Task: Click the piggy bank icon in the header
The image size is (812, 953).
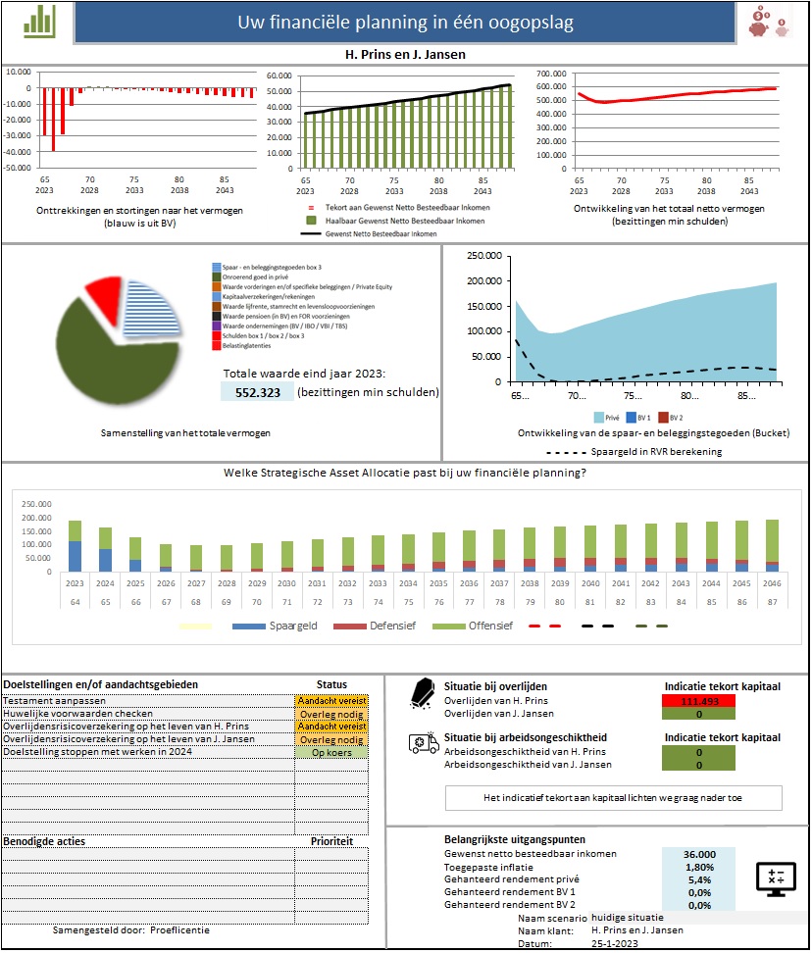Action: point(771,22)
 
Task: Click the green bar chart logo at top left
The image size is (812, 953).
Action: point(39,21)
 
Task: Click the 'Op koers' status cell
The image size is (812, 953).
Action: point(330,752)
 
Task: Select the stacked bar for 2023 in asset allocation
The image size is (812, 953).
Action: point(76,545)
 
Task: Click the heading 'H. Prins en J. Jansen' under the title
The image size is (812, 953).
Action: point(405,55)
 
